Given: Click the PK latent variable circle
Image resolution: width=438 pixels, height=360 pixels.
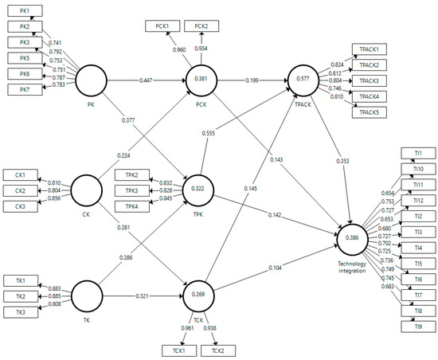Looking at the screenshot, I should (92, 80).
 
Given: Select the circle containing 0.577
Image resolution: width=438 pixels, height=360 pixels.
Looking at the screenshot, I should (304, 80).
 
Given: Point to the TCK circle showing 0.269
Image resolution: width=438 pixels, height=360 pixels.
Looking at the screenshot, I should (199, 295).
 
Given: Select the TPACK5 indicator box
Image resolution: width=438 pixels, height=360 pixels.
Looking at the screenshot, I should (370, 111).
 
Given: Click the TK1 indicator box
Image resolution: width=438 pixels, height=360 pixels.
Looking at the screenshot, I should (20, 280).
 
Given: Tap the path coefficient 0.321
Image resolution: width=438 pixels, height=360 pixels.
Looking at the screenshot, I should (142, 295).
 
